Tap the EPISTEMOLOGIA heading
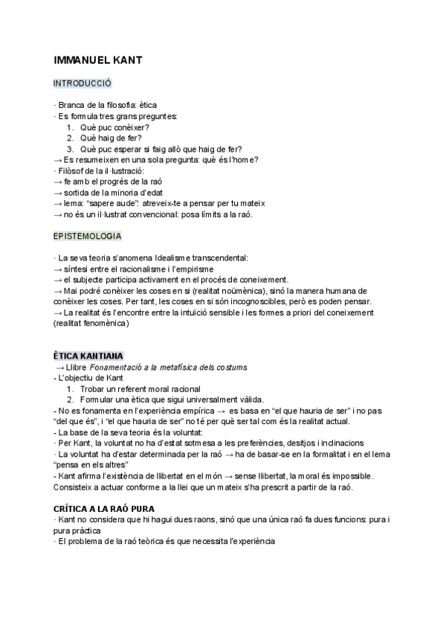coord(88,236)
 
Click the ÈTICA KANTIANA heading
coord(89,356)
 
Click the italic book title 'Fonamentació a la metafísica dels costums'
coord(175,368)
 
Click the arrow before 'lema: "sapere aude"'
coord(59,203)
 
